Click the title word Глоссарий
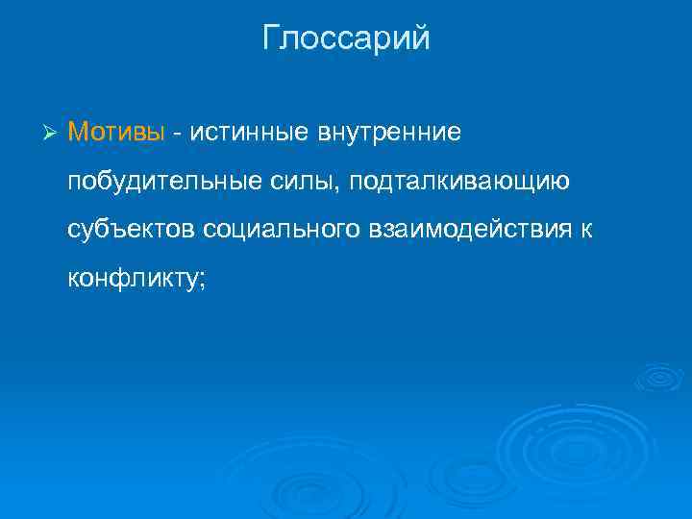346,38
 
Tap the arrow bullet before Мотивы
52,132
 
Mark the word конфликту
132,280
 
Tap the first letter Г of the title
271,38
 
